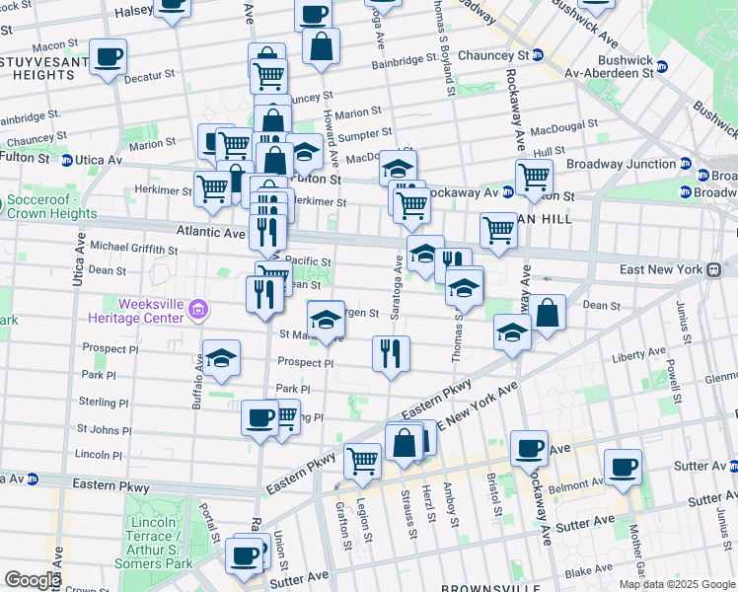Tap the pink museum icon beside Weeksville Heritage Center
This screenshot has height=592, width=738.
pos(198,311)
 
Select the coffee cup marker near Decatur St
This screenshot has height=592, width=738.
pos(108,57)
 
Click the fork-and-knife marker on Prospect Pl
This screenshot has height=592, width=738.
pos(391,354)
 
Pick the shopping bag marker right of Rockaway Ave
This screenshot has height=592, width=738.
pos(548,314)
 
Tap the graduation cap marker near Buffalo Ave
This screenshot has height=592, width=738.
pos(222,359)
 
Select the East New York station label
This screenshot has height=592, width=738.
pos(661,269)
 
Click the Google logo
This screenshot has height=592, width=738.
pos(32,580)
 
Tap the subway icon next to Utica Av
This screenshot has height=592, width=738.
pos(65,160)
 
